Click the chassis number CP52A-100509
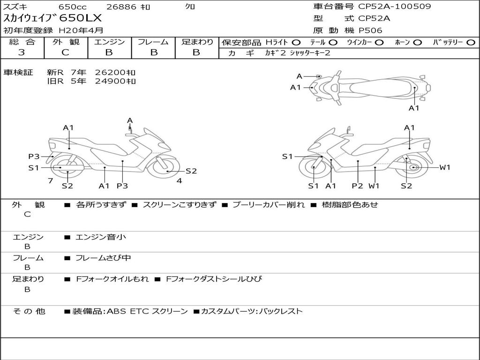tap(394, 7)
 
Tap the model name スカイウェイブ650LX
tap(52, 19)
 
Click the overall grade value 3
tap(22, 52)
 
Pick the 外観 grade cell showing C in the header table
tap(66, 52)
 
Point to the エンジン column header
tap(109, 42)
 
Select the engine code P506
tap(370, 30)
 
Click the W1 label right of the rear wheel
tap(444, 167)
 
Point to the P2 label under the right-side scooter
tap(358, 186)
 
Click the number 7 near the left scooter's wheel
tap(50, 180)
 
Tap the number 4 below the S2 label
tap(179, 180)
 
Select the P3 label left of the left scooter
tap(34, 157)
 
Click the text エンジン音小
tap(101, 237)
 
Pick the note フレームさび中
tap(104, 258)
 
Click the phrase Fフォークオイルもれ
tap(112, 279)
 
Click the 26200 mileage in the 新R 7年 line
tap(115, 72)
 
